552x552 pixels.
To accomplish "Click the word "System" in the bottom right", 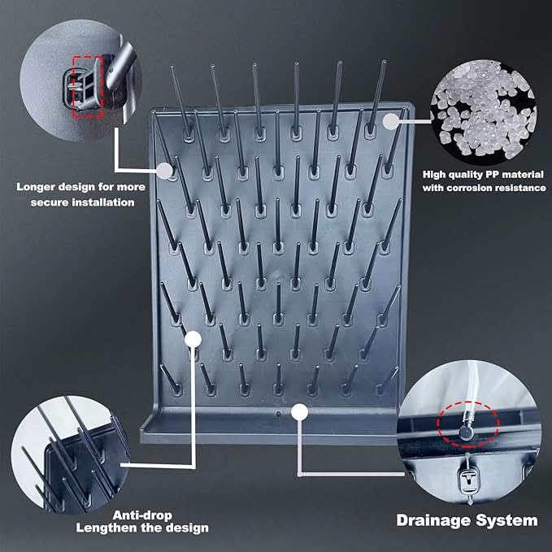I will click(508, 519).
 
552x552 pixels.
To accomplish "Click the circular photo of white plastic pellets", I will click(481, 114).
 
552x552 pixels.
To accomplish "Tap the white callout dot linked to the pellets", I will click(391, 121).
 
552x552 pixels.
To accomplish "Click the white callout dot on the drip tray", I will click(300, 411).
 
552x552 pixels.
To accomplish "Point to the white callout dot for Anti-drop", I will click(192, 338).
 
